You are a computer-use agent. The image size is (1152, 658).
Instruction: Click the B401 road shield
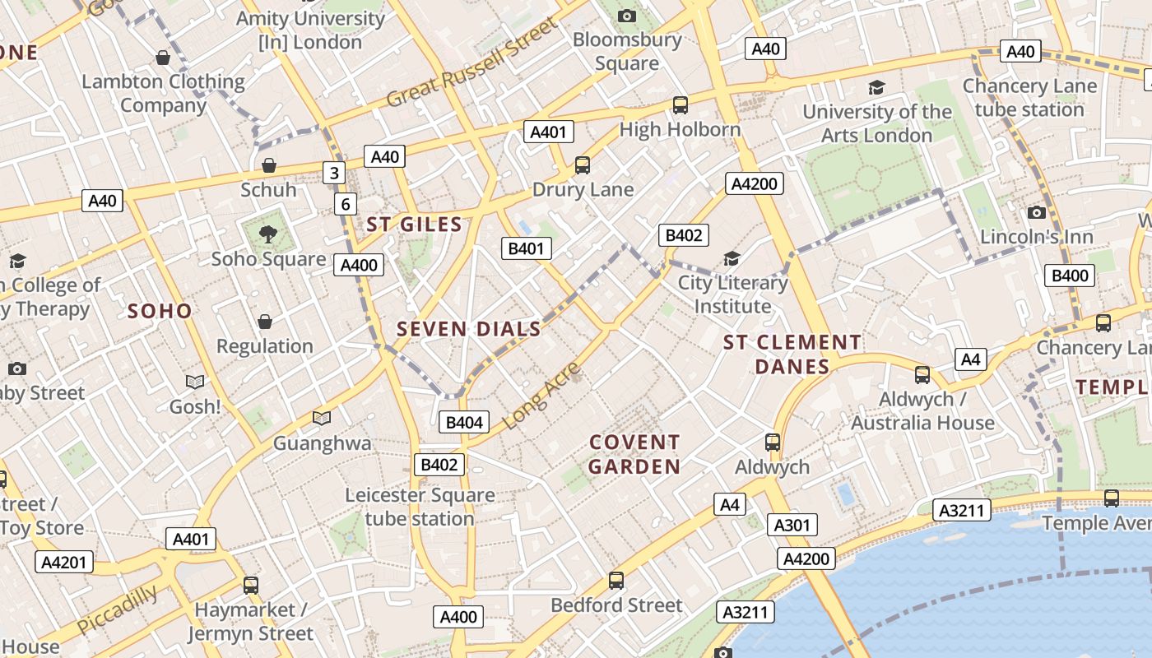point(527,248)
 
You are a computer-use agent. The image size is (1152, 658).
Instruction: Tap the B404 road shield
point(464,423)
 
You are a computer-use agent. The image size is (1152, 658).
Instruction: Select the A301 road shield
point(792,525)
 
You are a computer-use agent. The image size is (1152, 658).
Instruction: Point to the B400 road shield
point(1070,276)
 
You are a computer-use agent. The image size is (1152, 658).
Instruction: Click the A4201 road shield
point(64,563)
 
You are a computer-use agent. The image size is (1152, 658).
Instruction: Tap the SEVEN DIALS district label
point(468,330)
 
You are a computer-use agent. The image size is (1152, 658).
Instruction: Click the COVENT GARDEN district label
point(634,455)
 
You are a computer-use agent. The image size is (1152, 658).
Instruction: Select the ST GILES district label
point(414,225)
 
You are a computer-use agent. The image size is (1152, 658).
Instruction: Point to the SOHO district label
point(160,311)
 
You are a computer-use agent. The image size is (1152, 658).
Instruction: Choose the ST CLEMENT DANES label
point(792,354)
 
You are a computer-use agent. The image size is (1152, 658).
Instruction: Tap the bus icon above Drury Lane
point(583,165)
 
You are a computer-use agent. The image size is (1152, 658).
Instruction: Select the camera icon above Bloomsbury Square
point(627,16)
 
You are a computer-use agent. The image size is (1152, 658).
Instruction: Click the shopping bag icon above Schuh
point(268,165)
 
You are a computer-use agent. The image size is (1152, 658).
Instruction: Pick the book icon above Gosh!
point(195,382)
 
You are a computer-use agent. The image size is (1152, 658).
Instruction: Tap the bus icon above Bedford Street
point(615,581)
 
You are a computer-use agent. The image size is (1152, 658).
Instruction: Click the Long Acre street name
point(541,397)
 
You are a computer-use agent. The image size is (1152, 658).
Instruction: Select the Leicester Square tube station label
point(420,507)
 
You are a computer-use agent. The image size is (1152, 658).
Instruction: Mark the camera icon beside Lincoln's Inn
point(1037,213)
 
